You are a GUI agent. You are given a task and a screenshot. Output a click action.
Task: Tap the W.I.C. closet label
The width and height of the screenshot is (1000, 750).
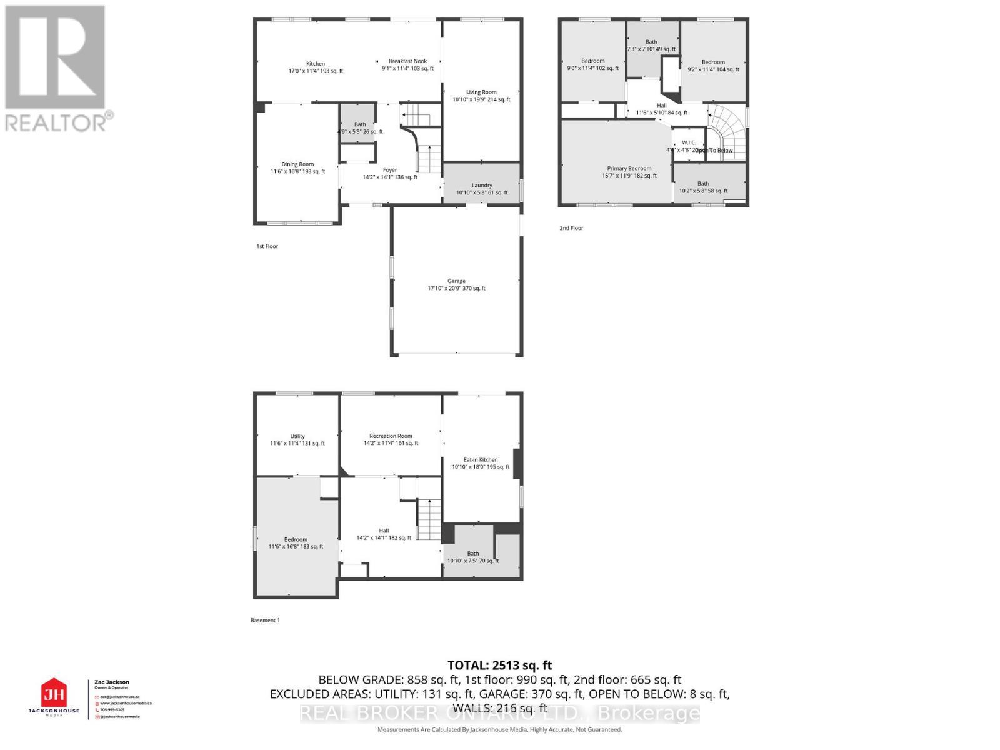[689, 142]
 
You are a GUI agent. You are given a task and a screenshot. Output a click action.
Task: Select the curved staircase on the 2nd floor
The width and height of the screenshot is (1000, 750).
[727, 128]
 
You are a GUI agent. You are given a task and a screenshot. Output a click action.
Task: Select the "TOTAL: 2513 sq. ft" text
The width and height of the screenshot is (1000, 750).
[499, 666]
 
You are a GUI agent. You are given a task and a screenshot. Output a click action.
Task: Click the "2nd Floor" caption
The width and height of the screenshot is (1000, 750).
[571, 228]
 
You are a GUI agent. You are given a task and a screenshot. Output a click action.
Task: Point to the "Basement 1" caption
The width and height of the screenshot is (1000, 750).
[265, 621]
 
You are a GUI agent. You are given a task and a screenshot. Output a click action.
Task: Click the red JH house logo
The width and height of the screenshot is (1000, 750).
[54, 694]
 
